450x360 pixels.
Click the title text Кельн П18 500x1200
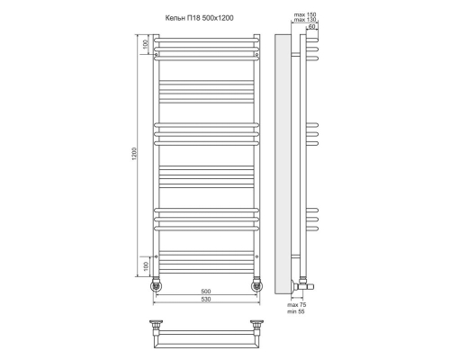[x=200, y=18]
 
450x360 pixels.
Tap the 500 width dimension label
[x=206, y=292]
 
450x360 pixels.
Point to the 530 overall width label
[x=206, y=299]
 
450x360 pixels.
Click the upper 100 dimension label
[x=146, y=44]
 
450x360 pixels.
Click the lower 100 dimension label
[x=146, y=266]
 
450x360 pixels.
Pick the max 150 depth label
[x=305, y=14]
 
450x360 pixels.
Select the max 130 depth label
[x=305, y=20]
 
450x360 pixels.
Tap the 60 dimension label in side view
[x=312, y=27]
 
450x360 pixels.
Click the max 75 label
[x=297, y=305]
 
